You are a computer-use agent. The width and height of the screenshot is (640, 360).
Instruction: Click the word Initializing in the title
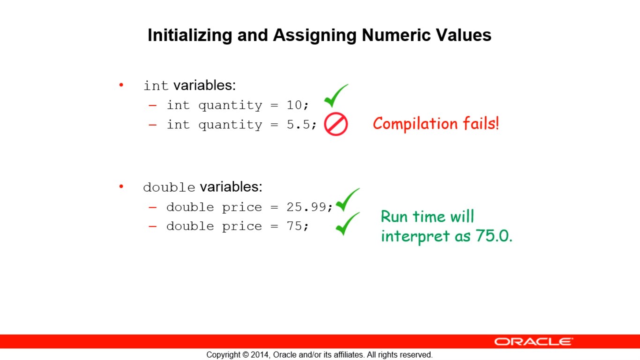point(190,36)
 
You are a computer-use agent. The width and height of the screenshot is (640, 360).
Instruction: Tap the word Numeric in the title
point(396,35)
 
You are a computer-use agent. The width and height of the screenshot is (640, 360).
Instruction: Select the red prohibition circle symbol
point(336,124)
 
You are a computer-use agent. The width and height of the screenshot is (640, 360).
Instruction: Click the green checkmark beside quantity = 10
point(336,96)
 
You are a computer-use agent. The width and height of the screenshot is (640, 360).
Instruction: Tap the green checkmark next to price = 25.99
point(348,200)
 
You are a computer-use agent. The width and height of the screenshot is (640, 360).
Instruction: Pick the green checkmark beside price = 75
point(348,224)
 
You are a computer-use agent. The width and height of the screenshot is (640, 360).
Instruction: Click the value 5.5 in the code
point(298,124)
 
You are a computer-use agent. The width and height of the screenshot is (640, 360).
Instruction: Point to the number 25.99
point(306,207)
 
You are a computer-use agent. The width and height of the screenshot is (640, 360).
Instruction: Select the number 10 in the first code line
point(294,105)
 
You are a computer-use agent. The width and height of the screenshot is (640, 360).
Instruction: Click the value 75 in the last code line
point(294,226)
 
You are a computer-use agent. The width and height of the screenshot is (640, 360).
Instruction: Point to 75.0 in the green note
point(494,236)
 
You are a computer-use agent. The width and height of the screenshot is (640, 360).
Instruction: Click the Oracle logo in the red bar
point(534,341)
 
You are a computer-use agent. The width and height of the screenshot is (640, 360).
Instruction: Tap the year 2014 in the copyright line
point(260,355)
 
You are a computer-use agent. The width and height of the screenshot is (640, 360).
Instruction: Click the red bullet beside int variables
point(121,85)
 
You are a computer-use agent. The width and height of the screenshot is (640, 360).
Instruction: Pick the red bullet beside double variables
point(121,187)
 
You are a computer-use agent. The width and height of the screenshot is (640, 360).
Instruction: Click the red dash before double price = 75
point(153,226)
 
